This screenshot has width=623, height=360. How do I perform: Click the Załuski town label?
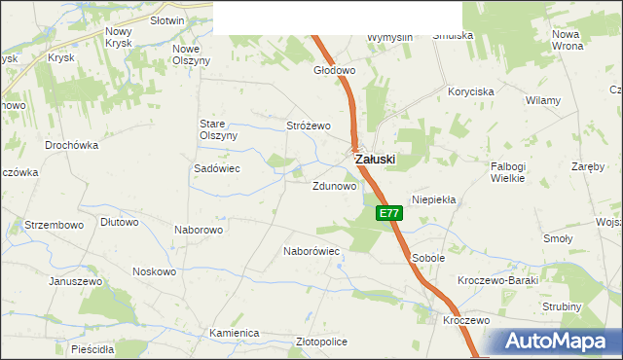375,159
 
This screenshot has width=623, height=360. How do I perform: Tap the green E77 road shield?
388,213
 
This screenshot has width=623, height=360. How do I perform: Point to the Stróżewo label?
309,126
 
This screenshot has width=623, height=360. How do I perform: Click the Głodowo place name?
334,71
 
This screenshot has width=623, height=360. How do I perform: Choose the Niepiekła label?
434,198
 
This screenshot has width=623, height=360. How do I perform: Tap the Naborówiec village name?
311,251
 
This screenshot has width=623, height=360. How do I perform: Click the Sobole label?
428,258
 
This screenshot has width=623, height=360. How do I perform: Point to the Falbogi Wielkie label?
508,172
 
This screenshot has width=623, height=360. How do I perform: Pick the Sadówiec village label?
217,167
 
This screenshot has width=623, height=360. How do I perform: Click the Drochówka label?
72,145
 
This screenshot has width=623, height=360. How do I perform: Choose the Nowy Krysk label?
118,37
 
